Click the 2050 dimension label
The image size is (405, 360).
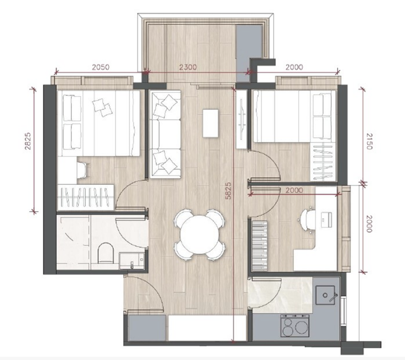pos(101,67)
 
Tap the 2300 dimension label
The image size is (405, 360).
pos(188,67)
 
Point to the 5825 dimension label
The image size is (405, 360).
pos(228,191)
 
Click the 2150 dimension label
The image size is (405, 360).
pos(369,142)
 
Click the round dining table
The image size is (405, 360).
pos(199,235)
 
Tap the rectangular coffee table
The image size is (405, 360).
pos(211,123)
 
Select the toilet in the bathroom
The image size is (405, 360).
pos(106,253)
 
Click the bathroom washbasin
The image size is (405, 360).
pos(132,261)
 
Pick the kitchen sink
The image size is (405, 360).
pos(325,295)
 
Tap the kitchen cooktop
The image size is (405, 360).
pos(295,326)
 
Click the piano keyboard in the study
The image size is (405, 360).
pos(259,246)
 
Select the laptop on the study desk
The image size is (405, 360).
pos(326,219)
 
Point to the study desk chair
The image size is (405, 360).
pos(307,220)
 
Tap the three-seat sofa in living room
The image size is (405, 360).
pos(165,134)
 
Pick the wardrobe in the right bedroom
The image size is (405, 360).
pos(323,162)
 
